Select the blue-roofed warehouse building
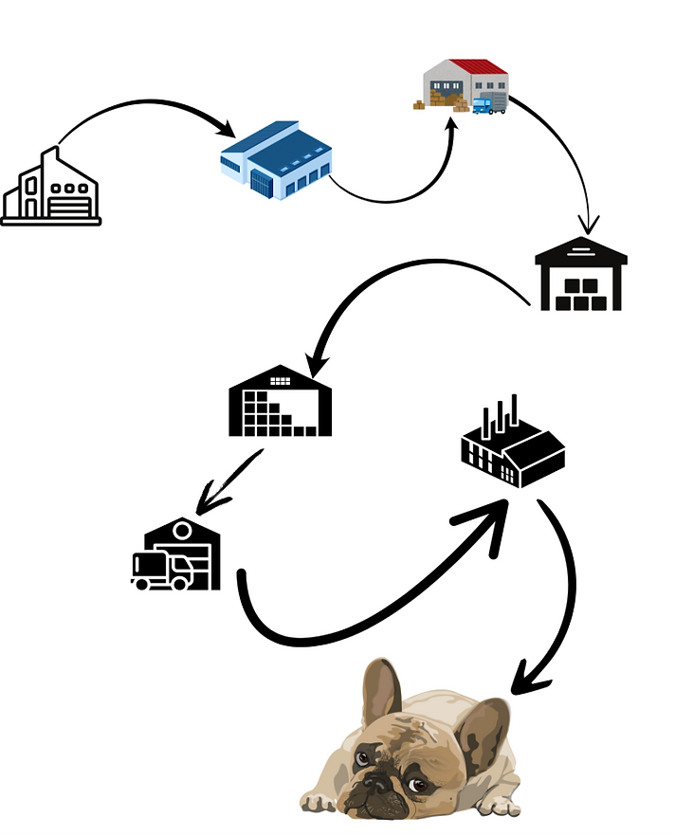pos(276,158)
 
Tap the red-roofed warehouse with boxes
pos(465,85)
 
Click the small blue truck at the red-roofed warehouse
pos(487,105)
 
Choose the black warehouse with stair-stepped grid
pos(282,402)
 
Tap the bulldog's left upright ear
pos(384,687)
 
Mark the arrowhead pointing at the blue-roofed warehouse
pos(228,129)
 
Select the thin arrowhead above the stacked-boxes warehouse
pos(590,226)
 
